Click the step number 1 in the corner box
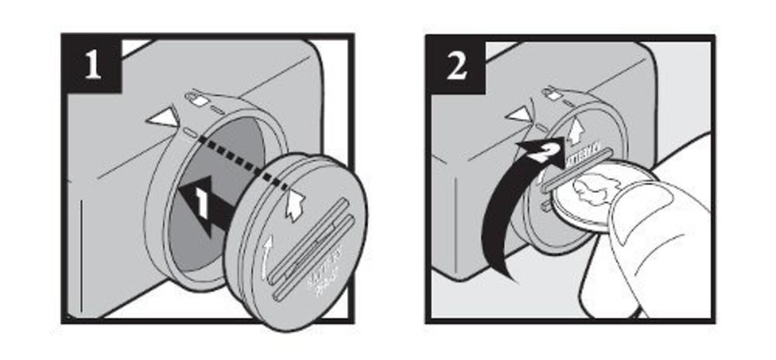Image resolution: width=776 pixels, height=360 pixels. tap(92, 66)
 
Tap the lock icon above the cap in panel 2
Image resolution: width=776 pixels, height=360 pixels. tap(551, 93)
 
